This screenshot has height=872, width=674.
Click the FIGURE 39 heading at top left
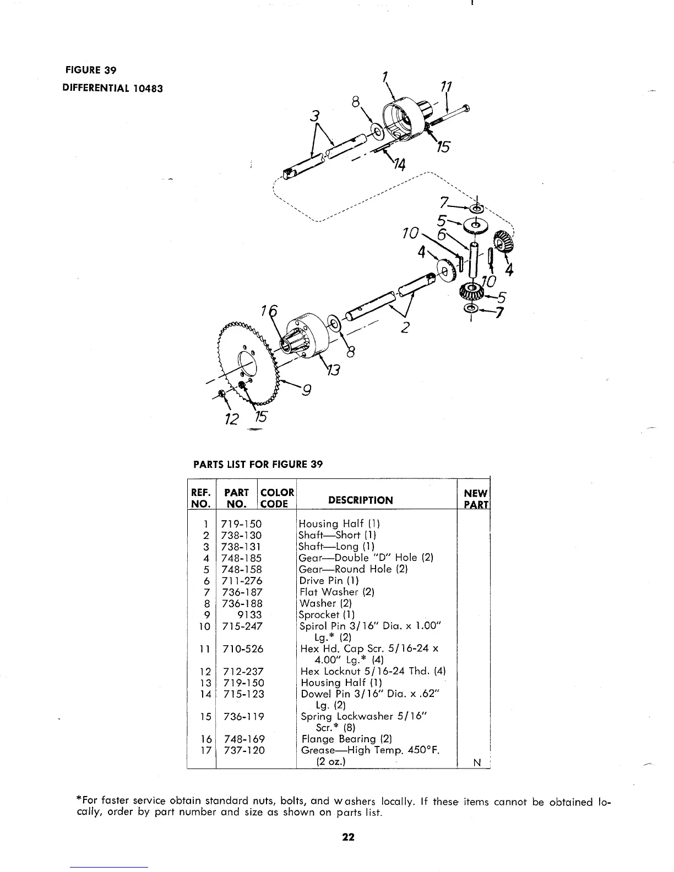[x=91, y=70]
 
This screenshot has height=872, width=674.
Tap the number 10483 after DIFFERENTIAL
[x=148, y=88]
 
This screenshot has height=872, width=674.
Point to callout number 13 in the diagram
[x=335, y=370]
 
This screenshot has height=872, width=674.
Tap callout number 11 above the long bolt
[x=447, y=87]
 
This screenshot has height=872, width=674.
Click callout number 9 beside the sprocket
[x=307, y=391]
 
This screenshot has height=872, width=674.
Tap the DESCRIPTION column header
[x=360, y=500]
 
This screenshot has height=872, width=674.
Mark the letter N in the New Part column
[x=477, y=762]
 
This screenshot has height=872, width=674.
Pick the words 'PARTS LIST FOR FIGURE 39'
[x=257, y=464]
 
